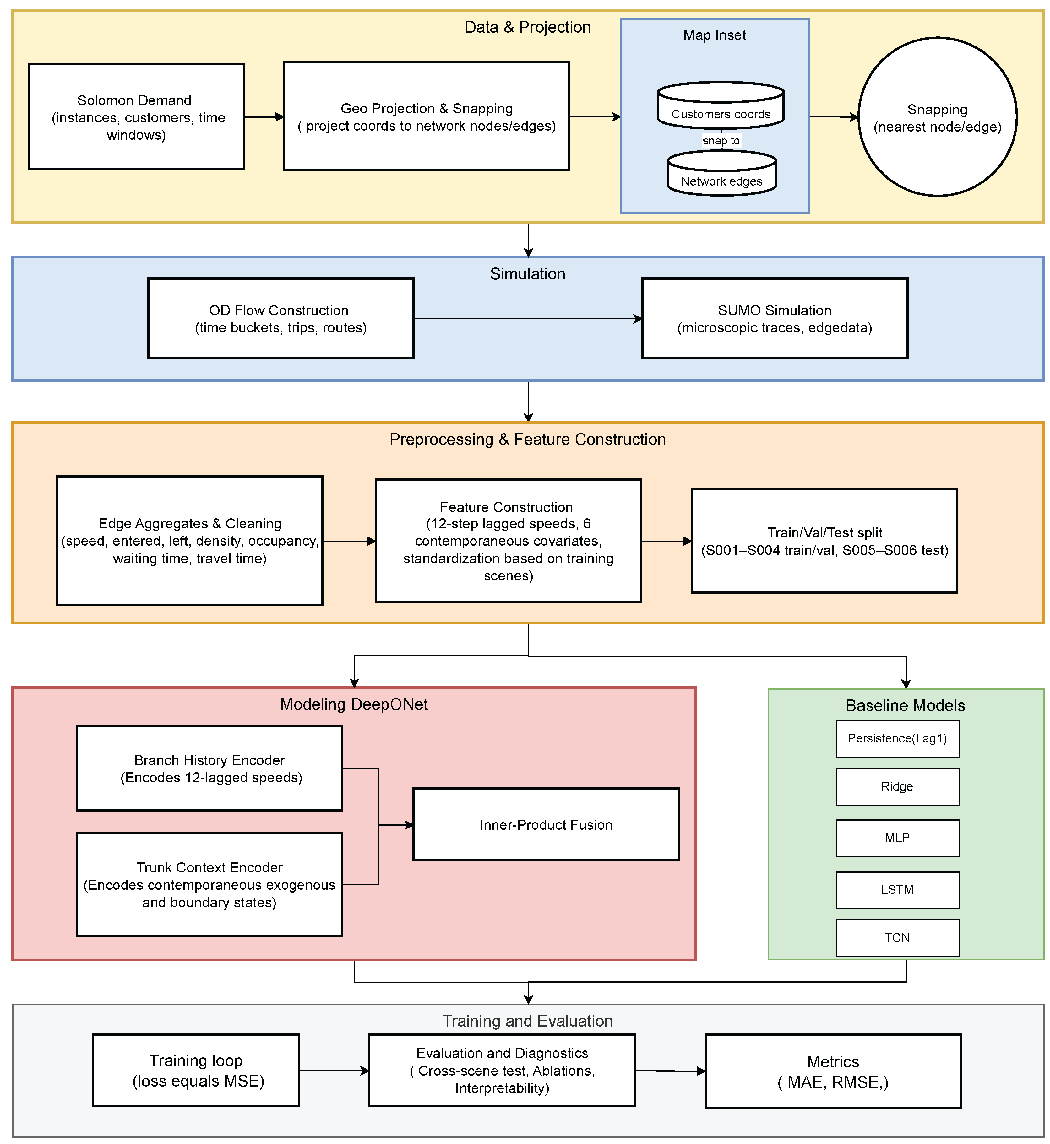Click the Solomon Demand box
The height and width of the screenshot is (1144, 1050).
(136, 117)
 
